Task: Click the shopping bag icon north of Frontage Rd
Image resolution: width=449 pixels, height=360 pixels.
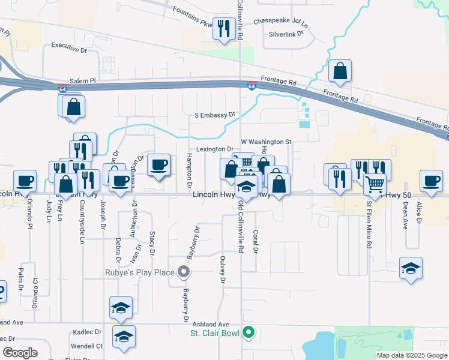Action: [x=340, y=71]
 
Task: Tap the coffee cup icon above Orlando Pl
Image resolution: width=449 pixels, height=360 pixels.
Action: [x=25, y=181]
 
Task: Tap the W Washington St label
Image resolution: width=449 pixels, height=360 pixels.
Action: [x=266, y=142]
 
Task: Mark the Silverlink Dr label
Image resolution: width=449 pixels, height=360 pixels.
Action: [x=287, y=34]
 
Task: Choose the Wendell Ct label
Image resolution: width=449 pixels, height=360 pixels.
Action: [x=88, y=346]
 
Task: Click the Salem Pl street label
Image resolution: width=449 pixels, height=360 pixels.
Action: [x=82, y=80]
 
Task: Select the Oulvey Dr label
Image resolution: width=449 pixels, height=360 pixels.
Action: [x=222, y=271]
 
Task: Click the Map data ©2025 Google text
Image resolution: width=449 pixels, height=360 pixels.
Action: [x=411, y=355]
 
